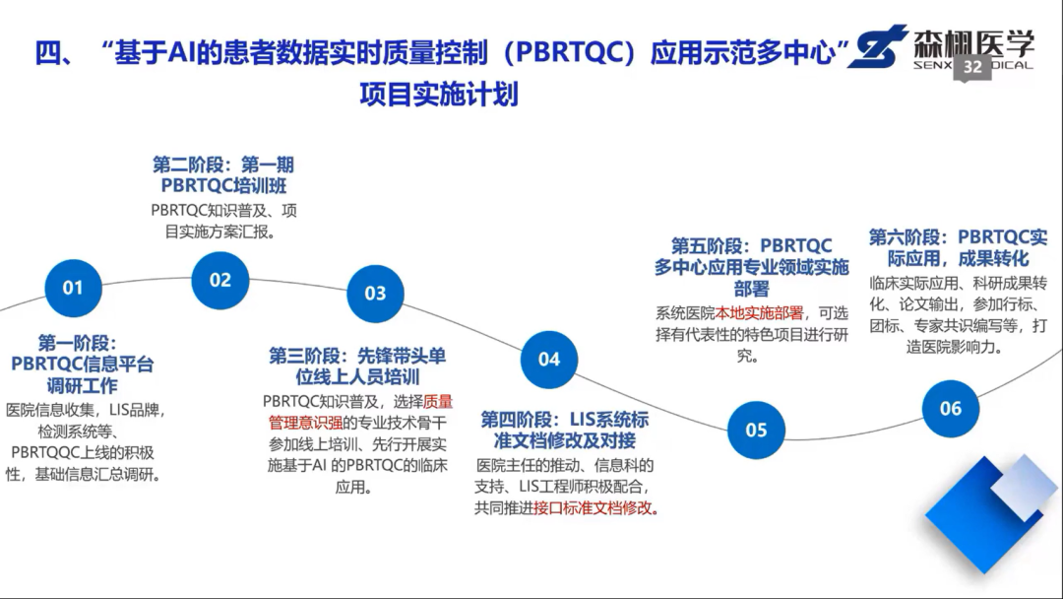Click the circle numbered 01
click(x=73, y=288)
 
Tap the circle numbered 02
click(x=220, y=280)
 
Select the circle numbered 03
click(x=375, y=294)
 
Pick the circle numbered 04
click(x=549, y=359)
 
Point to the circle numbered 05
click(x=756, y=430)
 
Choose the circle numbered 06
click(x=950, y=408)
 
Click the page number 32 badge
click(x=972, y=67)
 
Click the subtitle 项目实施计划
click(x=439, y=95)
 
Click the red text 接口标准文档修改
click(x=594, y=508)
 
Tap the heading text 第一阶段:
click(x=77, y=343)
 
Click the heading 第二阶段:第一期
click(x=223, y=165)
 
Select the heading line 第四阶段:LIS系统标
click(x=564, y=419)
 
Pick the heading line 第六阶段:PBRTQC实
click(x=958, y=237)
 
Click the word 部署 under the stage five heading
click(x=751, y=289)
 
